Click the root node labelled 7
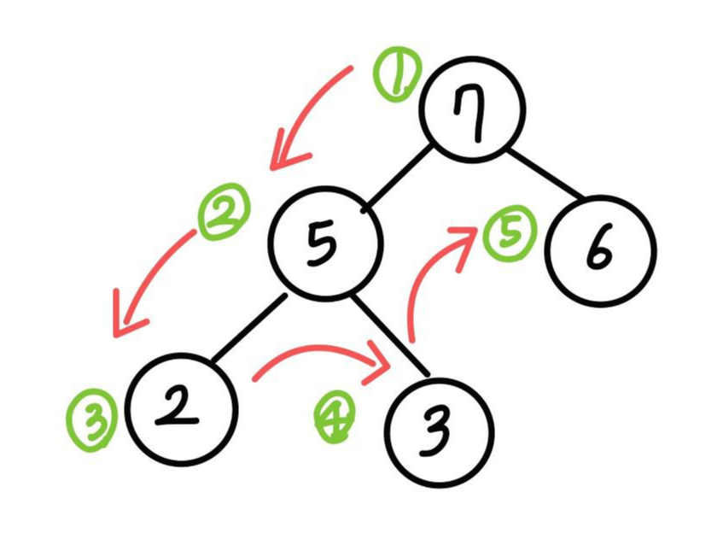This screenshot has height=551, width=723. (472, 110)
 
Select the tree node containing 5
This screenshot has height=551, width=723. (325, 243)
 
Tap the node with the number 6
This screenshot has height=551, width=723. (601, 250)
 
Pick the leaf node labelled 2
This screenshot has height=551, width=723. (181, 409)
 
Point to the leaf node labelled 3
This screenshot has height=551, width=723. (439, 431)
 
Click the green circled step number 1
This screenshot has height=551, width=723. (396, 74)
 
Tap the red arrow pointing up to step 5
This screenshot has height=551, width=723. (431, 273)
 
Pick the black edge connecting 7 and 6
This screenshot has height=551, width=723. (546, 177)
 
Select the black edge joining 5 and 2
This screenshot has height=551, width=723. (248, 329)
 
